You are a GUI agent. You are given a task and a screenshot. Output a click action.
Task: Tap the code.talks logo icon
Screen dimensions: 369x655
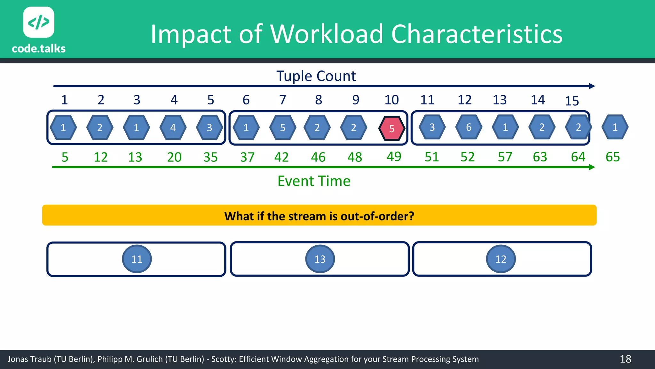tap(39, 22)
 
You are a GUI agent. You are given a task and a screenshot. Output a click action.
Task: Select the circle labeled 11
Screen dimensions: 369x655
tap(137, 259)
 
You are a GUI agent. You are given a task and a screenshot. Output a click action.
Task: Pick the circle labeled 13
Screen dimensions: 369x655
tap(320, 259)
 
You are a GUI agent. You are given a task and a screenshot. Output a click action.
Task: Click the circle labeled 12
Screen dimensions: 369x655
tap(501, 259)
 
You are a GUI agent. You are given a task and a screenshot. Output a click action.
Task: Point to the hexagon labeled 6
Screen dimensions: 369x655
tap(469, 127)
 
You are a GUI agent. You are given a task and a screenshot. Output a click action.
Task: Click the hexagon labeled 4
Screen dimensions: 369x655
tap(173, 127)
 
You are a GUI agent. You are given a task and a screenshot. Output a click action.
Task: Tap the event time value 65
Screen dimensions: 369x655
tap(613, 157)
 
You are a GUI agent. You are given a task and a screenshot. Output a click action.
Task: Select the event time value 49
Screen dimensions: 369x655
tap(394, 157)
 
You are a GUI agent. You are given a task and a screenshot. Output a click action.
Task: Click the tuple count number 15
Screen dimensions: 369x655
tap(572, 101)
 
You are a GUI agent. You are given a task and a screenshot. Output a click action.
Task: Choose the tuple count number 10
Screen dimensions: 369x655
tap(391, 100)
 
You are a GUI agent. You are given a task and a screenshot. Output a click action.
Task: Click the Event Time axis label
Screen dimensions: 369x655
tap(314, 181)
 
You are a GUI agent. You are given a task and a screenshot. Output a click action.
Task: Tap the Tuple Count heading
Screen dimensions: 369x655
tap(316, 76)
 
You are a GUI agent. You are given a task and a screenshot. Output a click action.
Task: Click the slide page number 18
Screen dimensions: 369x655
tap(626, 359)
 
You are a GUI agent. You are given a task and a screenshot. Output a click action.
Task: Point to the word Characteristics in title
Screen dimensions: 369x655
tap(477, 34)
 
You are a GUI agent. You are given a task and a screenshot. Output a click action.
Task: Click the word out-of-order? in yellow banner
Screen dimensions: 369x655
tap(377, 216)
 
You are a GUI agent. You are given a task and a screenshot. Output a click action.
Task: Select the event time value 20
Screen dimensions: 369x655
tap(174, 157)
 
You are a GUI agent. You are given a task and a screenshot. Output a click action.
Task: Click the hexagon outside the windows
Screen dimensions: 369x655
tap(615, 127)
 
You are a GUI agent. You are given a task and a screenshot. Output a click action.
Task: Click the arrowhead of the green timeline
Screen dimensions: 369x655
tap(592, 167)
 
